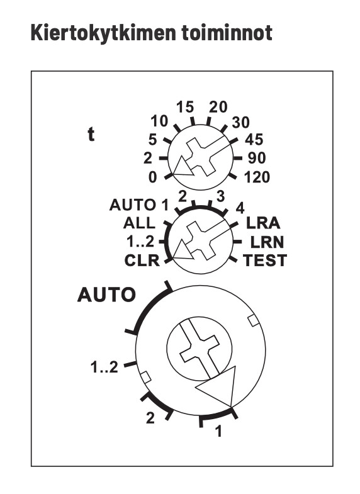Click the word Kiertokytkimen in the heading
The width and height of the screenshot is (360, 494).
103,33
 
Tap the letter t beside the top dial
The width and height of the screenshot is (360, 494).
91,135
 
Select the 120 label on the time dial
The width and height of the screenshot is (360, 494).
257,177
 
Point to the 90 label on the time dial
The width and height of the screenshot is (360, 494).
257,158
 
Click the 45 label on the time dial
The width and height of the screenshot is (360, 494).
254,140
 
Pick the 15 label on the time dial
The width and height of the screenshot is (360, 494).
185,107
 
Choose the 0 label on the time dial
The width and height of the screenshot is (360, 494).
152,177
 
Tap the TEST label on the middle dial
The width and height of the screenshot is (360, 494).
265,261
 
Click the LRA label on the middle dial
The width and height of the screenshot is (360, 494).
263,223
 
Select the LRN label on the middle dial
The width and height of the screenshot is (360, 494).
267,242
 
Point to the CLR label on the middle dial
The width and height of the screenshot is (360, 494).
142,261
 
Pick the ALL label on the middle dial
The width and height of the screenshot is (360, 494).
139,223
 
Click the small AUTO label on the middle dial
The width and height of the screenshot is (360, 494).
133,205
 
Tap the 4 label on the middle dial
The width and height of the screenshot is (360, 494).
240,208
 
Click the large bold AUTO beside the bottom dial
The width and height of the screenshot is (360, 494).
106,295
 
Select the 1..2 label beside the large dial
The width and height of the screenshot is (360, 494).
104,368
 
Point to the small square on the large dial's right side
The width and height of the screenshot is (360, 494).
253,320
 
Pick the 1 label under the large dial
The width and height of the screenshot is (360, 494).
218,431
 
